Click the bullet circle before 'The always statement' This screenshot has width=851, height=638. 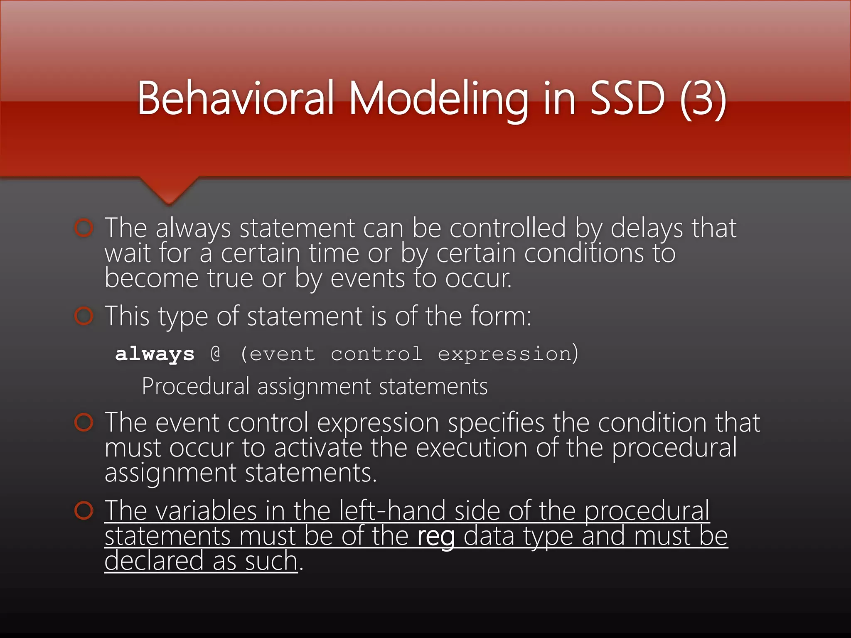click(x=84, y=228)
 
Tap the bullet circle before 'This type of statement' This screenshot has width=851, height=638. click(x=84, y=317)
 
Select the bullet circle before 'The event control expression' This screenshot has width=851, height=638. click(x=84, y=422)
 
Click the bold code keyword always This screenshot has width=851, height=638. click(x=155, y=354)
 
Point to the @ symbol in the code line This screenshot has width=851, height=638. click(x=216, y=354)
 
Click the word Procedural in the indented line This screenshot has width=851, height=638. click(x=195, y=386)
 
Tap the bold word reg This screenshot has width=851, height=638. click(x=436, y=536)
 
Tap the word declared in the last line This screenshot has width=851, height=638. click(x=154, y=561)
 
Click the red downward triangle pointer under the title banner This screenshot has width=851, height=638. click(x=169, y=191)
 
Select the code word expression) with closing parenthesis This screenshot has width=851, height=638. click(x=508, y=354)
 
